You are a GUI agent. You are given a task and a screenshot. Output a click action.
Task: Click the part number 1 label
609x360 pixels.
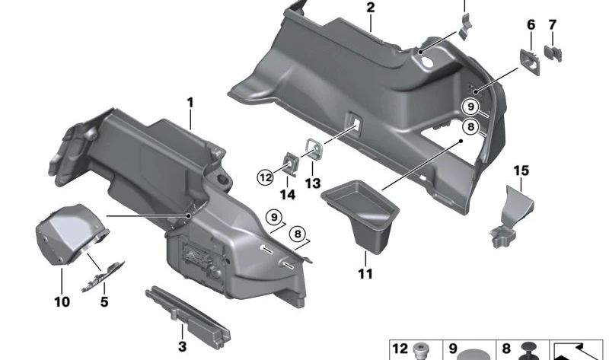190,103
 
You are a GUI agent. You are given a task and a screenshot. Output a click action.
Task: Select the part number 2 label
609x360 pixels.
370,8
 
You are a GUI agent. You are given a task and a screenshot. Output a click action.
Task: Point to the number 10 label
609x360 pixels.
62,302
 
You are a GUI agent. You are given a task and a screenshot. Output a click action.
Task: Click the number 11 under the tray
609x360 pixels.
366,273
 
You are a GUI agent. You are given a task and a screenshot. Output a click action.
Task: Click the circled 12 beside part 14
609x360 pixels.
265,177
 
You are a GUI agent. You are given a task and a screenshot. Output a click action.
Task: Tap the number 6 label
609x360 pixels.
531,25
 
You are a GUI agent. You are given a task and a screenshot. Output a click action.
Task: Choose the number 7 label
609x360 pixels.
553,25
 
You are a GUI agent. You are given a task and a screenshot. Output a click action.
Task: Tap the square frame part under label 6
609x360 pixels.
529,60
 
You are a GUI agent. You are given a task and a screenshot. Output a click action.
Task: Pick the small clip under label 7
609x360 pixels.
555,53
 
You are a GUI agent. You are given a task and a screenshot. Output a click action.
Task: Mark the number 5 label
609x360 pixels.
104,302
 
